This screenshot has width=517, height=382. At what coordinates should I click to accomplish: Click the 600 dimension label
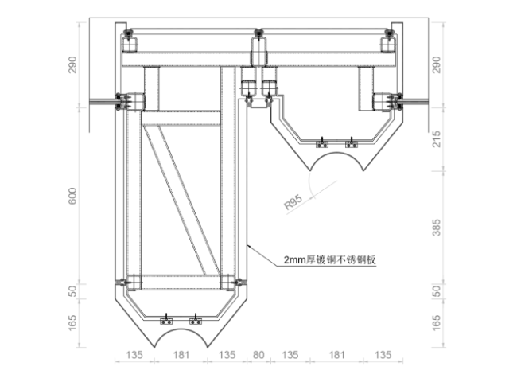73,197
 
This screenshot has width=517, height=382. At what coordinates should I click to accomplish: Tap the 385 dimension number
434,230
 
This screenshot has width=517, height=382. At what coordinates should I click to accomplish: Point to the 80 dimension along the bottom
258,355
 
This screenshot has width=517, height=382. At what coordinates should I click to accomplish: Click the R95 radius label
296,202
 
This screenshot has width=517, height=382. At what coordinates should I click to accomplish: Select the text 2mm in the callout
294,260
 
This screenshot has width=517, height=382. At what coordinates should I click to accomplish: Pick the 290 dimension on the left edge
73,64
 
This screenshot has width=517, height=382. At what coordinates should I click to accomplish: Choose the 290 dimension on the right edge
434,64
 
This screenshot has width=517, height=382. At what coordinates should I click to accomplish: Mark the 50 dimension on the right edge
434,290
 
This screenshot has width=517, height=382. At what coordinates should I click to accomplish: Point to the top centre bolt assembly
258,35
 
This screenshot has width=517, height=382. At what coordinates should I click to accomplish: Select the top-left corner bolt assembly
127,37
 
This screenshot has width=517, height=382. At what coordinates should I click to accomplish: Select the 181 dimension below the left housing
181,355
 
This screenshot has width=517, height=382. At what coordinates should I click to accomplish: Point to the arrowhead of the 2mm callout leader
249,248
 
